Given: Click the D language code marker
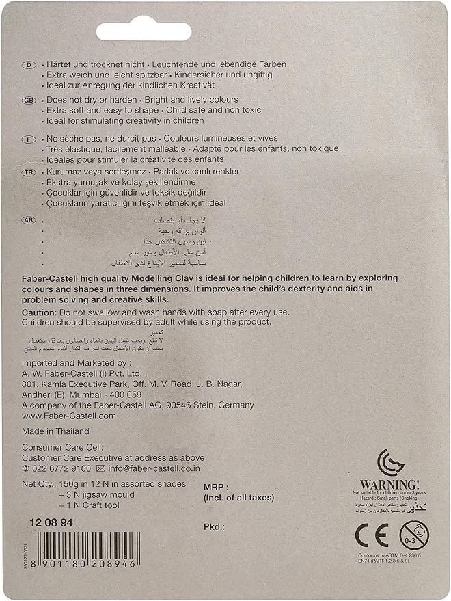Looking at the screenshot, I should tap(29, 64).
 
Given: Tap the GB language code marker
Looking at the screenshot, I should tap(29, 100).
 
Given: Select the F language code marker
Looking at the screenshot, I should tap(29, 137).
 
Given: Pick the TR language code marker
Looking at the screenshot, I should tap(29, 173).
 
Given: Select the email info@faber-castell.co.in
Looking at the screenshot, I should tap(157, 468).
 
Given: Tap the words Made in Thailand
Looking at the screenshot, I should tap(55, 431).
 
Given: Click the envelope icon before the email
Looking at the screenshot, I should tap(100, 468).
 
